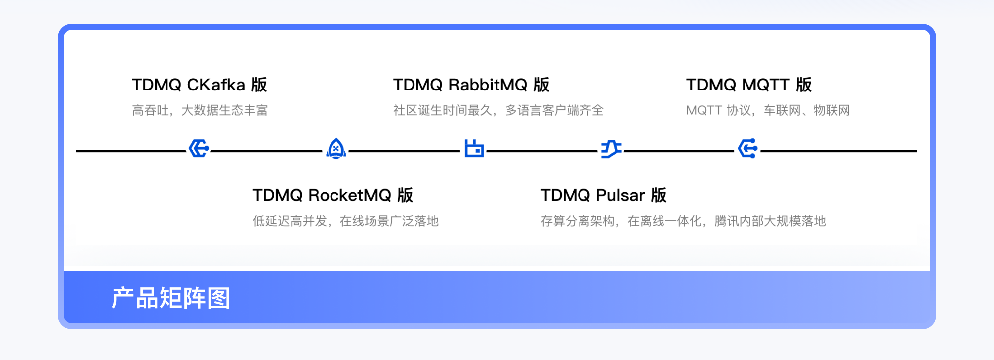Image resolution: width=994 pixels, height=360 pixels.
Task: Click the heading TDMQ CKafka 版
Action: pyautogui.click(x=199, y=85)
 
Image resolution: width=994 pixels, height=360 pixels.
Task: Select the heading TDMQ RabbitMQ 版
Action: pyautogui.click(x=471, y=85)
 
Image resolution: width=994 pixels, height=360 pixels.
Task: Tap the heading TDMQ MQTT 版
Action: pyautogui.click(x=748, y=85)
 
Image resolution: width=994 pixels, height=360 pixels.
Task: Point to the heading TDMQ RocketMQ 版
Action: pyautogui.click(x=332, y=195)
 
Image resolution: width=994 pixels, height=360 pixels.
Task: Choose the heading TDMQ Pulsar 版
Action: pyautogui.click(x=603, y=195)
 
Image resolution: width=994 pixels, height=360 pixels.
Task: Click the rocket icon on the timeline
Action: pyautogui.click(x=336, y=149)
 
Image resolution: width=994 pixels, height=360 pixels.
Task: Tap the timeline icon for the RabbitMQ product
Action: pyautogui.click(x=474, y=148)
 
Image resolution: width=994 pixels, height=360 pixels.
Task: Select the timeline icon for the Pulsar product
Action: pyautogui.click(x=611, y=149)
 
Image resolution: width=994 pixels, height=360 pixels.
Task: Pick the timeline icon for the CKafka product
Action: pyautogui.click(x=199, y=148)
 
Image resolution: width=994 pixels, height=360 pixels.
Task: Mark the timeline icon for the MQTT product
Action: pyautogui.click(x=747, y=148)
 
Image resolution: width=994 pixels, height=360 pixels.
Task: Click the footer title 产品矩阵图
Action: pyautogui.click(x=170, y=298)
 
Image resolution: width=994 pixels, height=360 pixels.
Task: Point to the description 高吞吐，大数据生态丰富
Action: pyautogui.click(x=200, y=110)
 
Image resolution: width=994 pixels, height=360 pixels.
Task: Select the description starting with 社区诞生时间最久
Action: pyautogui.click(x=498, y=110)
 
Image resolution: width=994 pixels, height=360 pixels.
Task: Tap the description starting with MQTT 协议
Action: pyautogui.click(x=768, y=110)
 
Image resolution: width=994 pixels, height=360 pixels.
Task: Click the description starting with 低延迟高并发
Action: pyautogui.click(x=345, y=221)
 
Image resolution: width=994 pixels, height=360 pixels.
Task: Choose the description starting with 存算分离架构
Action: pyautogui.click(x=683, y=221)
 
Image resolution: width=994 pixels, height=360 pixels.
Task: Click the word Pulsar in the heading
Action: pyautogui.click(x=620, y=195)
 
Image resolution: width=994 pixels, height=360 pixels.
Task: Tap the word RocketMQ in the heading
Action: pyautogui.click(x=349, y=195)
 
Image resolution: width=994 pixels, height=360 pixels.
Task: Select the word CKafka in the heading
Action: pyautogui.click(x=216, y=85)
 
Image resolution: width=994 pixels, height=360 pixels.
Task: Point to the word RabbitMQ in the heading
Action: pyautogui.click(x=488, y=85)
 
